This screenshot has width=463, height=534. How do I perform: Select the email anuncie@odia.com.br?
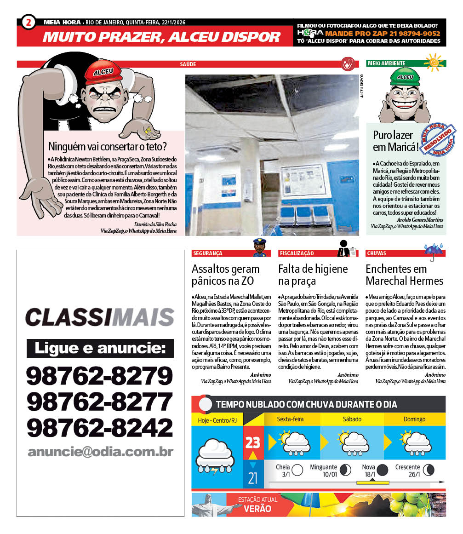click(x=100, y=452)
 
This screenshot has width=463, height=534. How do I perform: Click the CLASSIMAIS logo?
click(x=100, y=317)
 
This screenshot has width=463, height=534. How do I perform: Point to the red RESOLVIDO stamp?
click(x=439, y=140)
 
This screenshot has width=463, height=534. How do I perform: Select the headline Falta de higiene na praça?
click(x=313, y=275)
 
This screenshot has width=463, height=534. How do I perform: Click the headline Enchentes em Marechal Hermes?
click(x=404, y=275)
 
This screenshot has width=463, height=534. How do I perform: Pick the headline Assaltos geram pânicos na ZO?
click(x=225, y=275)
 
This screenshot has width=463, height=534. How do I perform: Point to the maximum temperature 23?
click(x=253, y=442)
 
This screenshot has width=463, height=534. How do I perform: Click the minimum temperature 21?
click(x=253, y=478)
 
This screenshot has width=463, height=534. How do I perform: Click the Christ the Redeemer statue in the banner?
click(x=203, y=505)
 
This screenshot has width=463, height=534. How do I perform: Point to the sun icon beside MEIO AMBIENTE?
click(x=434, y=62)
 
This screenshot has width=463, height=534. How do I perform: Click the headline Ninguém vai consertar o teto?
click(x=108, y=147)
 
